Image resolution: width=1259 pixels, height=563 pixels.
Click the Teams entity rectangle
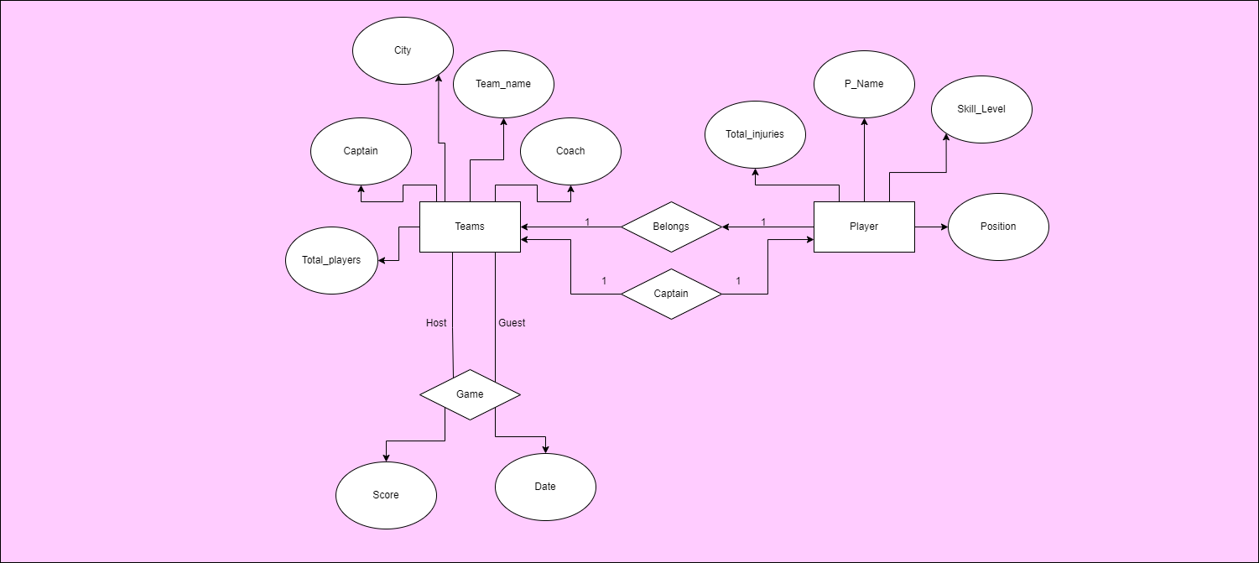pyautogui.click(x=470, y=227)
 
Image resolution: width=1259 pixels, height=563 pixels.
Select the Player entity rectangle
pyautogui.click(x=864, y=227)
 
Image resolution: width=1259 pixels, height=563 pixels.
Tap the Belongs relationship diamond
pyautogui.click(x=671, y=227)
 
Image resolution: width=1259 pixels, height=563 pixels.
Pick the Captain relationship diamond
pyautogui.click(x=671, y=294)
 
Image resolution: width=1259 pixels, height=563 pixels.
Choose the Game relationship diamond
pyautogui.click(x=470, y=394)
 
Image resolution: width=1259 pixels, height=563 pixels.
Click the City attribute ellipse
pyautogui.click(x=403, y=50)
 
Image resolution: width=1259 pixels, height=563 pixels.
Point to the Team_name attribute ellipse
pyautogui.click(x=503, y=84)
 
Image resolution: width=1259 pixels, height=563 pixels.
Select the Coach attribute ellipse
pyautogui.click(x=570, y=151)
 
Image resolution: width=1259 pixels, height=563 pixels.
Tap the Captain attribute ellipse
pyautogui.click(x=361, y=151)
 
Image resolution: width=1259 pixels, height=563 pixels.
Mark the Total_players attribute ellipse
pyautogui.click(x=331, y=260)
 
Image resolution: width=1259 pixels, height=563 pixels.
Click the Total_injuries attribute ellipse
pyautogui.click(x=755, y=134)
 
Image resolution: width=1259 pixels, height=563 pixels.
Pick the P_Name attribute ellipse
pyautogui.click(x=864, y=84)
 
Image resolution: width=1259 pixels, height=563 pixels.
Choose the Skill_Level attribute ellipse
pyautogui.click(x=981, y=109)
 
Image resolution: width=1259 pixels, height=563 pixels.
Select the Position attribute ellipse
pyautogui.click(x=998, y=227)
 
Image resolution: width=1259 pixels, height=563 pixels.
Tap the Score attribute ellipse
pyautogui.click(x=386, y=495)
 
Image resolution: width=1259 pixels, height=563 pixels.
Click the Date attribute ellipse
pyautogui.click(x=545, y=487)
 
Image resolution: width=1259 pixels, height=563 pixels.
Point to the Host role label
pyautogui.click(x=436, y=323)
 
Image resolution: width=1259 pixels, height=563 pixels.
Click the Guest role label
pyautogui.click(x=512, y=323)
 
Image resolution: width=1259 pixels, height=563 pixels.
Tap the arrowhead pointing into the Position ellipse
pyautogui.click(x=944, y=227)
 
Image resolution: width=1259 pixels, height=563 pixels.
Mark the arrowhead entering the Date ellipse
pyautogui.click(x=546, y=449)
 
